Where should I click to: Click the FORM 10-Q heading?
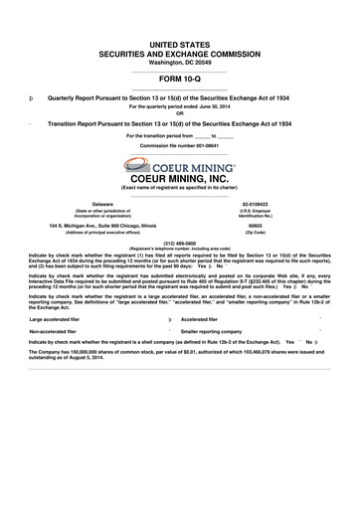coord(179,77)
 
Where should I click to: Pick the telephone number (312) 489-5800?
coord(179,241)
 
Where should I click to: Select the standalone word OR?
coord(179,111)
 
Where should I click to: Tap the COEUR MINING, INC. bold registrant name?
coord(179,180)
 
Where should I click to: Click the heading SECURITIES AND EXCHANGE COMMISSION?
coord(179,46)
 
